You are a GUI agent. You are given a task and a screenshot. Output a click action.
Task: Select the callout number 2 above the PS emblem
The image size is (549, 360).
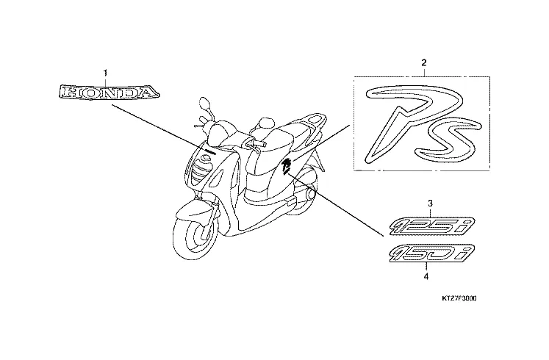point(423,63)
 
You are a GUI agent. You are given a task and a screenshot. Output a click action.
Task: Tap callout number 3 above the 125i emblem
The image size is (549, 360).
point(430,202)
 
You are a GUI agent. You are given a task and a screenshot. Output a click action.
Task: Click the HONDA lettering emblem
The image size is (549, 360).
point(108,93)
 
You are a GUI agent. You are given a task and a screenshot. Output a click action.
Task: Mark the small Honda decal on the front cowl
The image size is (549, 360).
point(210,152)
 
